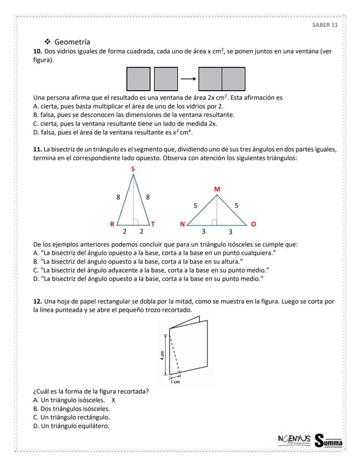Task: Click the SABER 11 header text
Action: (325, 25)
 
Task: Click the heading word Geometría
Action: (72, 42)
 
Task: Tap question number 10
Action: (37, 51)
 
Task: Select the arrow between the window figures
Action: (188, 79)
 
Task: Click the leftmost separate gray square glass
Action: (138, 79)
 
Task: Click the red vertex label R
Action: (112, 224)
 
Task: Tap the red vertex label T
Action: (153, 224)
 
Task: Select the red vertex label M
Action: (217, 189)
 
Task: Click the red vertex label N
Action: (183, 225)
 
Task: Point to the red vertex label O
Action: (253, 225)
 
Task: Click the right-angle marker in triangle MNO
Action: (214, 222)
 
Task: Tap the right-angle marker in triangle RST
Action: (136, 222)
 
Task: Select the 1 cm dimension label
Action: (175, 382)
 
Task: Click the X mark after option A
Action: (113, 400)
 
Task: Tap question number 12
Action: (37, 301)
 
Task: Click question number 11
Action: (37, 149)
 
